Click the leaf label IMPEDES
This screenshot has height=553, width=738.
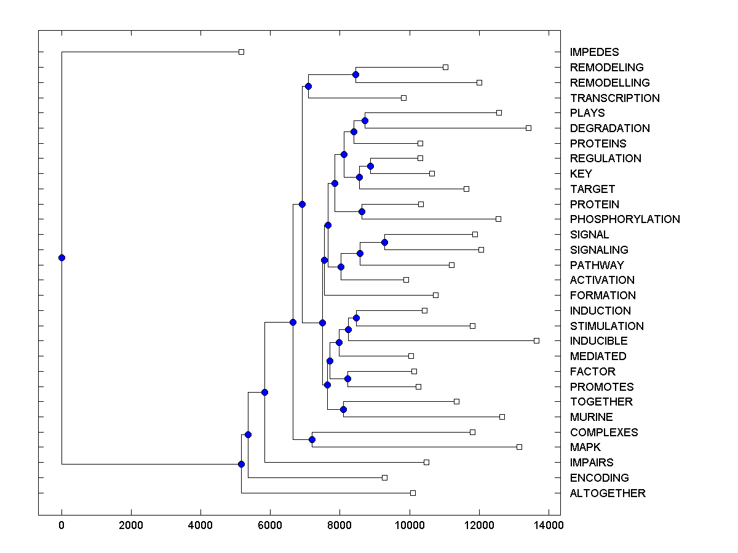point(594,52)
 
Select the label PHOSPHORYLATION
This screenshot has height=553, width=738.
point(625,219)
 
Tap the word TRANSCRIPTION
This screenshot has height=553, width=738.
point(614,98)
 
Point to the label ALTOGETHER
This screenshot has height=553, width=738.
point(608,493)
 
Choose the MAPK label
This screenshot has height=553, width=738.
point(585,447)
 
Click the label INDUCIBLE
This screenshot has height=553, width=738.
point(598,341)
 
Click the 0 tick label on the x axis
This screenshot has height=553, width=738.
point(61,525)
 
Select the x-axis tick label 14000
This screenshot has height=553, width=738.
point(548,525)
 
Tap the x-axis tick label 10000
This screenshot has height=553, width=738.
point(409,525)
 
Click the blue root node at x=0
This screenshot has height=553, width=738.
point(61,257)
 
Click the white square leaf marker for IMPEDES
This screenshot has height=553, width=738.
point(241,52)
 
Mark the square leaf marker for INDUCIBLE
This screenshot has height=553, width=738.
point(536,340)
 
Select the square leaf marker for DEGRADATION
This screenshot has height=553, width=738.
point(528,128)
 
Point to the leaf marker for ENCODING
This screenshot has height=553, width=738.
point(384,477)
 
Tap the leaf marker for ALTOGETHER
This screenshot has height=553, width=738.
point(413,493)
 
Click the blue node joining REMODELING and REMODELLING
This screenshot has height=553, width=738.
point(355,74)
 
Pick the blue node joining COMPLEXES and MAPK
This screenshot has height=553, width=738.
point(312,439)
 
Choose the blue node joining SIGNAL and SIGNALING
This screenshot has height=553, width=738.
point(384,242)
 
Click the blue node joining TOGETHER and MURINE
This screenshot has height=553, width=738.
point(343,409)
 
